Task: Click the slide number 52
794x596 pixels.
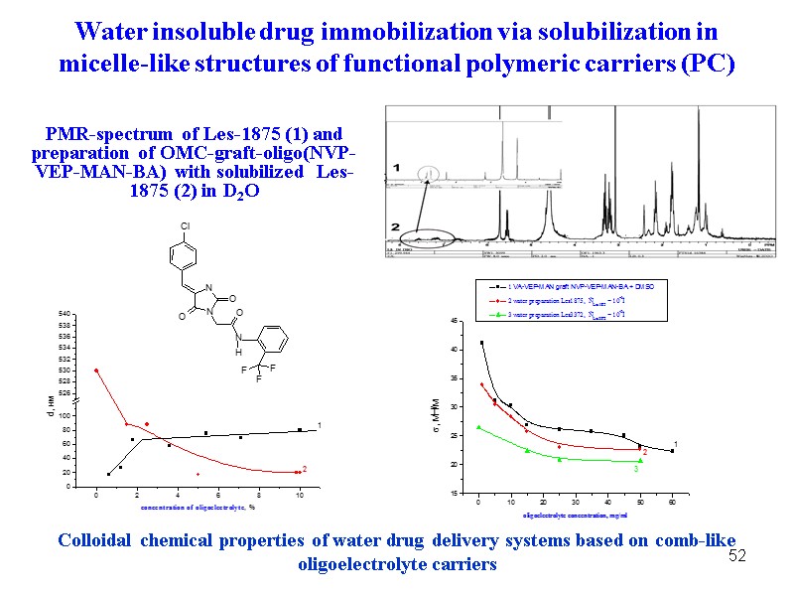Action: click(x=736, y=555)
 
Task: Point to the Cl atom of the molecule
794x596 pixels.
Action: click(x=185, y=226)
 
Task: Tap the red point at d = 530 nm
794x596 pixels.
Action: click(x=96, y=371)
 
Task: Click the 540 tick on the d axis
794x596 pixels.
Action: click(x=63, y=315)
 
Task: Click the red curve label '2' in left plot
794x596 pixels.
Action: click(x=305, y=469)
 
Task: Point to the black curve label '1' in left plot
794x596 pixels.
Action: click(x=319, y=426)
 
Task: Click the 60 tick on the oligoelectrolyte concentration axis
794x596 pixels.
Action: click(x=672, y=503)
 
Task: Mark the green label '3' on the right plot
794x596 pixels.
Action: click(x=635, y=469)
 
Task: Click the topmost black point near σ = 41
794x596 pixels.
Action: click(x=482, y=344)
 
